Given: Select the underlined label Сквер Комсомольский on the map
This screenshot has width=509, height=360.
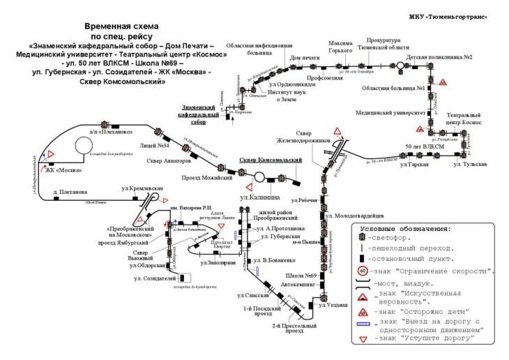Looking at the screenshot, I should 271,160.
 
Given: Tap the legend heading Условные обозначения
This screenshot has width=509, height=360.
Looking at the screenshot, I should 405,229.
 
